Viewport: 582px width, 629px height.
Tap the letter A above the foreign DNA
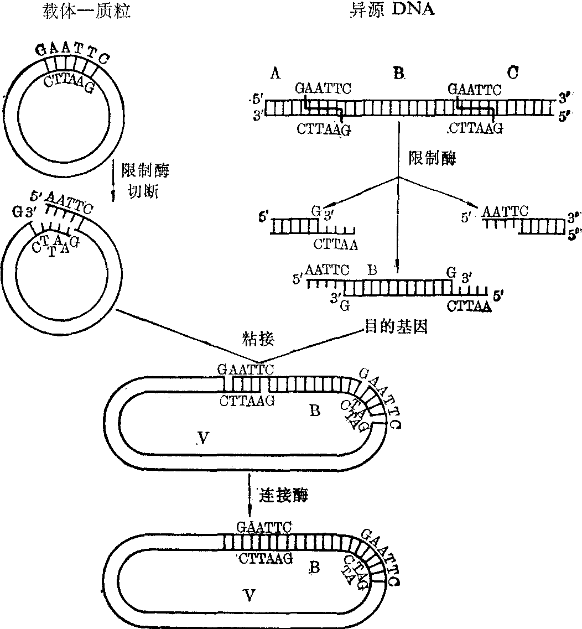pos(274,73)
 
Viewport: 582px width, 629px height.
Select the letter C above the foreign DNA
pos(512,72)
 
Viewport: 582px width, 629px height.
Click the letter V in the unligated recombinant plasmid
pos(203,439)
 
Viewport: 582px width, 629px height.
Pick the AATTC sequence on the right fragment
pos(505,211)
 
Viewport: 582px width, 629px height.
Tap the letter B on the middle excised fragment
pos(372,271)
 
